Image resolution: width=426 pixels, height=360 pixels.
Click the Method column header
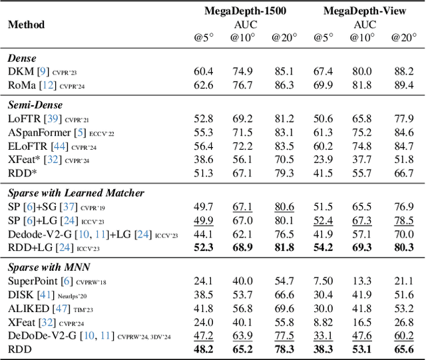(27, 25)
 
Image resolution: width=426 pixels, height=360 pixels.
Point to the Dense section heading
(22, 59)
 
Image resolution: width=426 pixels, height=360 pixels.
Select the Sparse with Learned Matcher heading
(77, 194)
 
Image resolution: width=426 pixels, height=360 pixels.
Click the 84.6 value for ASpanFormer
(403, 132)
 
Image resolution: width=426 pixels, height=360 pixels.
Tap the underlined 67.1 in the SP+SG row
(243, 207)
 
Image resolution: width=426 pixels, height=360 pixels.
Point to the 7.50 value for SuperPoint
(323, 282)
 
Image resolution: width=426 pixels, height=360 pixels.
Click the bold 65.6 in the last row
(403, 349)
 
